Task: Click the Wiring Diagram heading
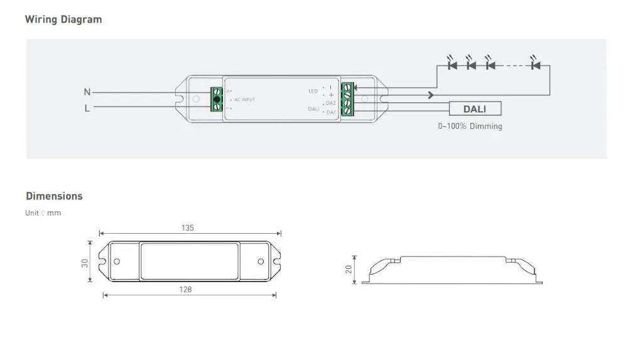(x=63, y=19)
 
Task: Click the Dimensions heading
(x=54, y=196)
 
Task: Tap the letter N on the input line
(x=87, y=92)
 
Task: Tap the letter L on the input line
(x=87, y=108)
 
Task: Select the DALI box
(x=475, y=109)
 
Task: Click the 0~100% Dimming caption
(x=470, y=126)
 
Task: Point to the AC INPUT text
(x=244, y=99)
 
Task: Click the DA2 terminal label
(x=330, y=103)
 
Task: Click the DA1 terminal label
(x=331, y=112)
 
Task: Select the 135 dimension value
(x=187, y=227)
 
